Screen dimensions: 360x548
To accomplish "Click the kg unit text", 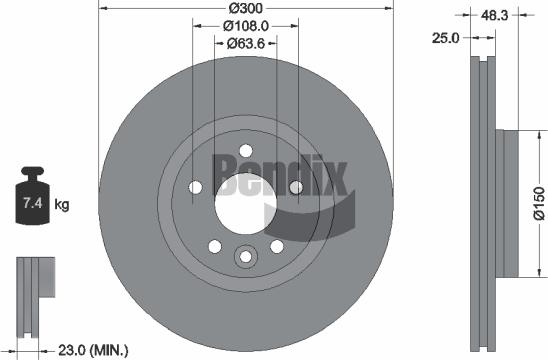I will pos(62,205).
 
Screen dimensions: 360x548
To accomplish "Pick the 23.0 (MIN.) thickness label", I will pos(93,349).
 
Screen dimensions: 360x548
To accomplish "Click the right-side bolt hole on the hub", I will pos(295,186).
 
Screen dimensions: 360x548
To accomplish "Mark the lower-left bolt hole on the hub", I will pos(213,245).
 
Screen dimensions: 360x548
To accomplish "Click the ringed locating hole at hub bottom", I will pos(244,258).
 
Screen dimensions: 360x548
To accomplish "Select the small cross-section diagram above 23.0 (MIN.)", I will pos(32,290).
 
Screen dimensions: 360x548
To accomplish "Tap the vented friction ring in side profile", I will pos(481,204).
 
